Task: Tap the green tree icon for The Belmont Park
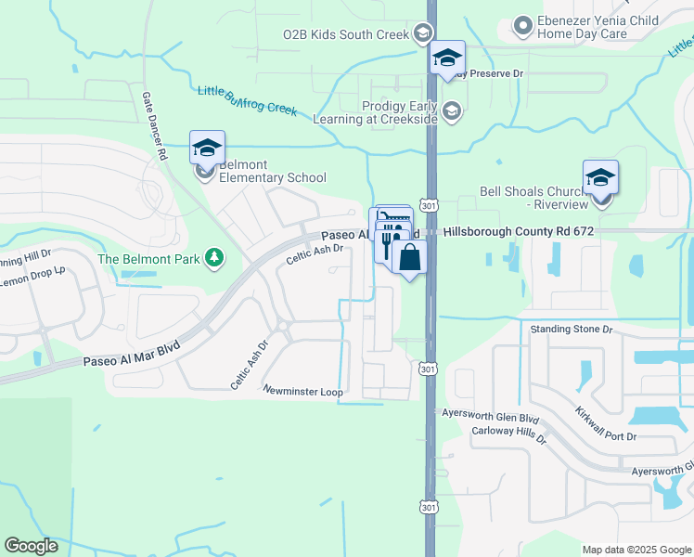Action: [215, 256]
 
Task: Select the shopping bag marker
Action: [409, 257]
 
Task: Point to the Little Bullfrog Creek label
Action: [247, 100]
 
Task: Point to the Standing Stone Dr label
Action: [572, 330]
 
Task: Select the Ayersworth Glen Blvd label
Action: [490, 419]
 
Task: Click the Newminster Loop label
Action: [302, 391]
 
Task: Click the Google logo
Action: [31, 547]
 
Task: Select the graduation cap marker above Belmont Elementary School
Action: [208, 149]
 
